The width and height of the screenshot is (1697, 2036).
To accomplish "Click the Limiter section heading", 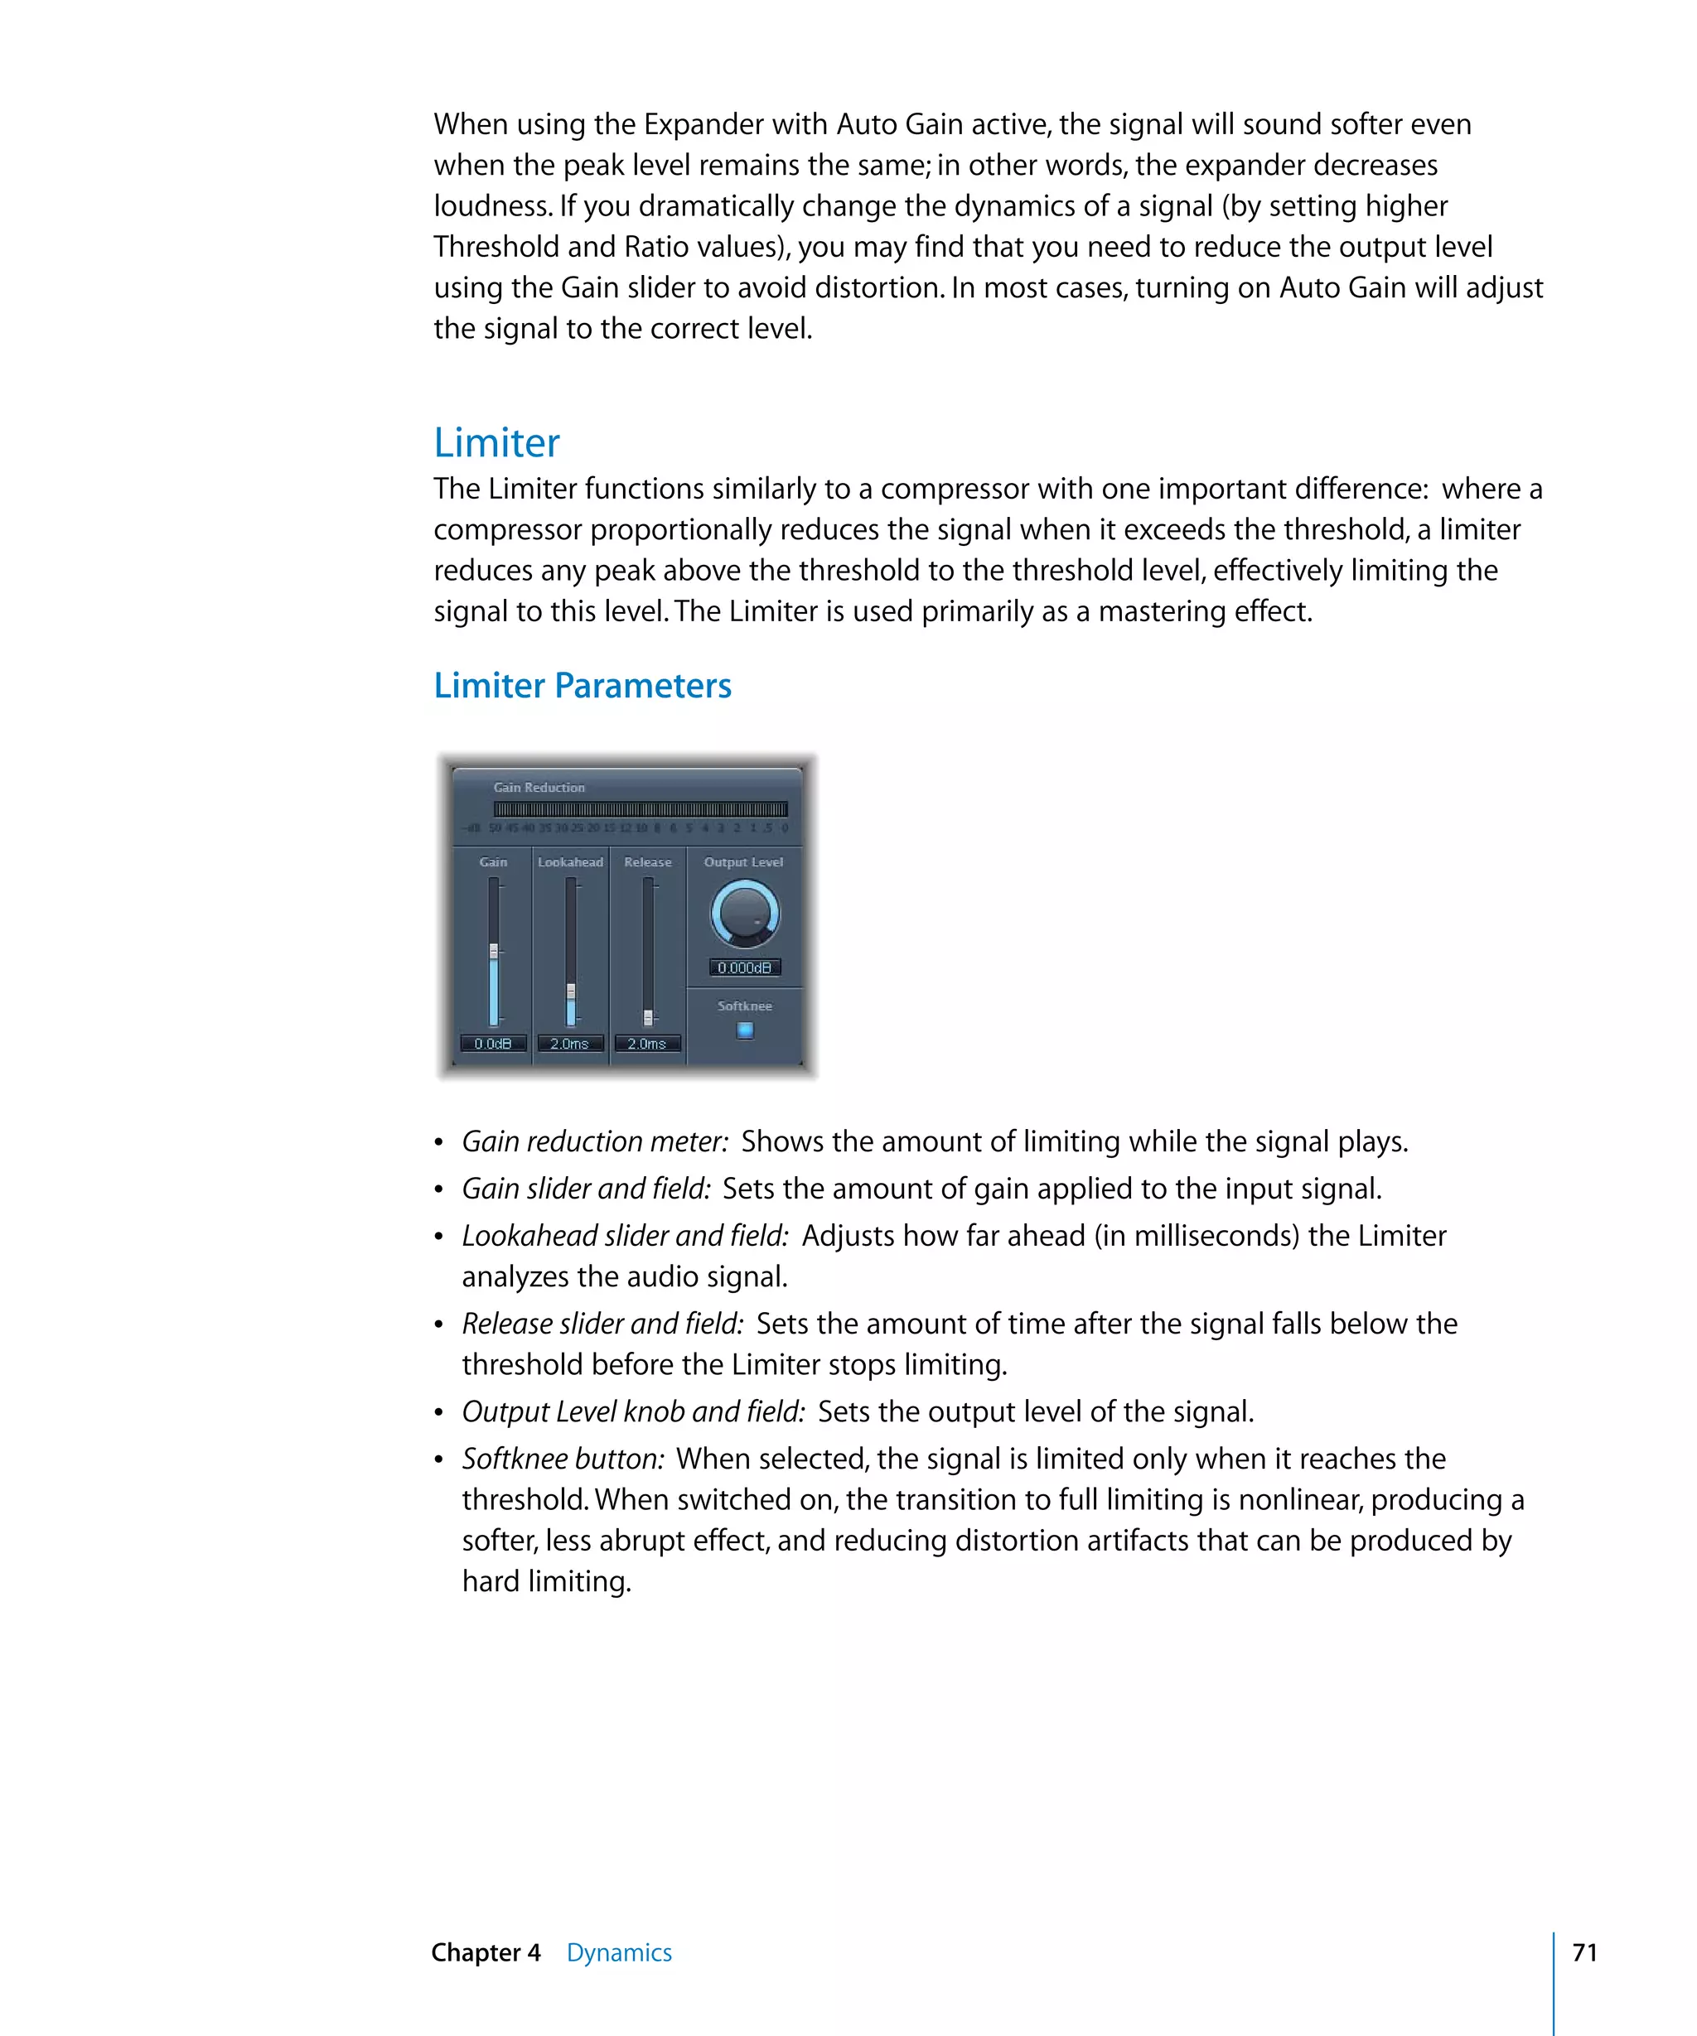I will click(496, 443).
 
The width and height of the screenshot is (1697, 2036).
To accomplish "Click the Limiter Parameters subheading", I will click(582, 686).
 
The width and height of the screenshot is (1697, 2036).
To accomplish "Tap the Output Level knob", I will click(744, 914).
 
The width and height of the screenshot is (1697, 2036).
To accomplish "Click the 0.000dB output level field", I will click(744, 967).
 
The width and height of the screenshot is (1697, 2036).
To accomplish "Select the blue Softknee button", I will click(744, 1030).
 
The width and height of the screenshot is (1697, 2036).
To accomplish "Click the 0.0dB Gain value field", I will click(493, 1043).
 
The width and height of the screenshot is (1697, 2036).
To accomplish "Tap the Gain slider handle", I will click(494, 951).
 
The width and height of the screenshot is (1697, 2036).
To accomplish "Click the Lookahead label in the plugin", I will click(570, 862).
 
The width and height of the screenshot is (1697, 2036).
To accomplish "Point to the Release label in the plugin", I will click(648, 862).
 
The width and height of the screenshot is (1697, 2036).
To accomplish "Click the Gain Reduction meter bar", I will click(640, 808).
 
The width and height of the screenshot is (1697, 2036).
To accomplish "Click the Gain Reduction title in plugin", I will click(539, 787).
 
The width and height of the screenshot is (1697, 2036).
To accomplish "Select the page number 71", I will click(1584, 1952).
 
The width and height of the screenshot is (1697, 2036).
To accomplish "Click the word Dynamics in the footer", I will click(619, 1952).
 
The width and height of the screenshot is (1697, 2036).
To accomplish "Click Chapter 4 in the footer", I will click(485, 1952).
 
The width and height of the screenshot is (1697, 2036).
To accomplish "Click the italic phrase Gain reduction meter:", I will click(594, 1141).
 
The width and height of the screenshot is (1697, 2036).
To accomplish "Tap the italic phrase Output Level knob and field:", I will click(632, 1411).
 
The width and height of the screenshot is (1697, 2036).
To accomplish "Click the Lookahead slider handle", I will click(571, 991).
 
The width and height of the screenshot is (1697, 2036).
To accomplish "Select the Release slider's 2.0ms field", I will click(647, 1043).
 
